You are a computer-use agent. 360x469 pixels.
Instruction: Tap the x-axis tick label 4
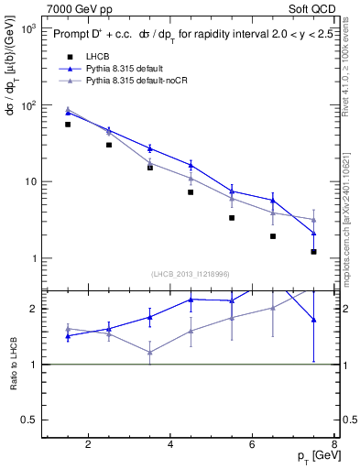pos(172,446)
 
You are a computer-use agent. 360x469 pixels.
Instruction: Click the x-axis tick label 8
pos(335,446)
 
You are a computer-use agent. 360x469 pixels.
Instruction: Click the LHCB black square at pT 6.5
pos(273,236)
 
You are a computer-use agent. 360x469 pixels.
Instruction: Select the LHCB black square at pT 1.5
pos(68,125)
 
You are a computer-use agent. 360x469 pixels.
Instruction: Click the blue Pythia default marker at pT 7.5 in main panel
pos(314,233)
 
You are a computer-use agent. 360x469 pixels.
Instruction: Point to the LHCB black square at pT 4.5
pos(191,192)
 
